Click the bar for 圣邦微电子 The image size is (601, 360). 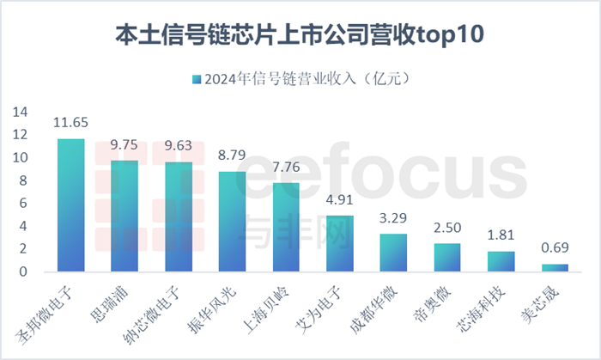(x=70, y=206)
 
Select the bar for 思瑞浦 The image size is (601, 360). (x=124, y=217)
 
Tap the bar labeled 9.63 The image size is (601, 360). (x=179, y=217)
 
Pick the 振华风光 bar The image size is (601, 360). (x=232, y=222)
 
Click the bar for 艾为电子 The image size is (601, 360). (x=340, y=244)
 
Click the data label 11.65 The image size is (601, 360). (x=70, y=123)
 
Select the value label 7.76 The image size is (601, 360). (x=286, y=167)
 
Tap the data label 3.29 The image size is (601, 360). (x=393, y=217)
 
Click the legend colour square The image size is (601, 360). (x=197, y=79)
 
